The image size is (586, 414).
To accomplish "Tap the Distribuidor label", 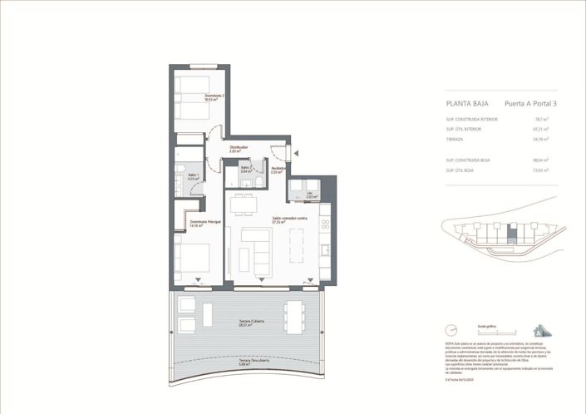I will coord(239,150).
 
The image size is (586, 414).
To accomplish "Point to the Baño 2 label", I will coord(246,169).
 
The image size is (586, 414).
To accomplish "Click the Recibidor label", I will coord(278,170).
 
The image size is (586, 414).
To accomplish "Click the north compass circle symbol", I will coord(451,330).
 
